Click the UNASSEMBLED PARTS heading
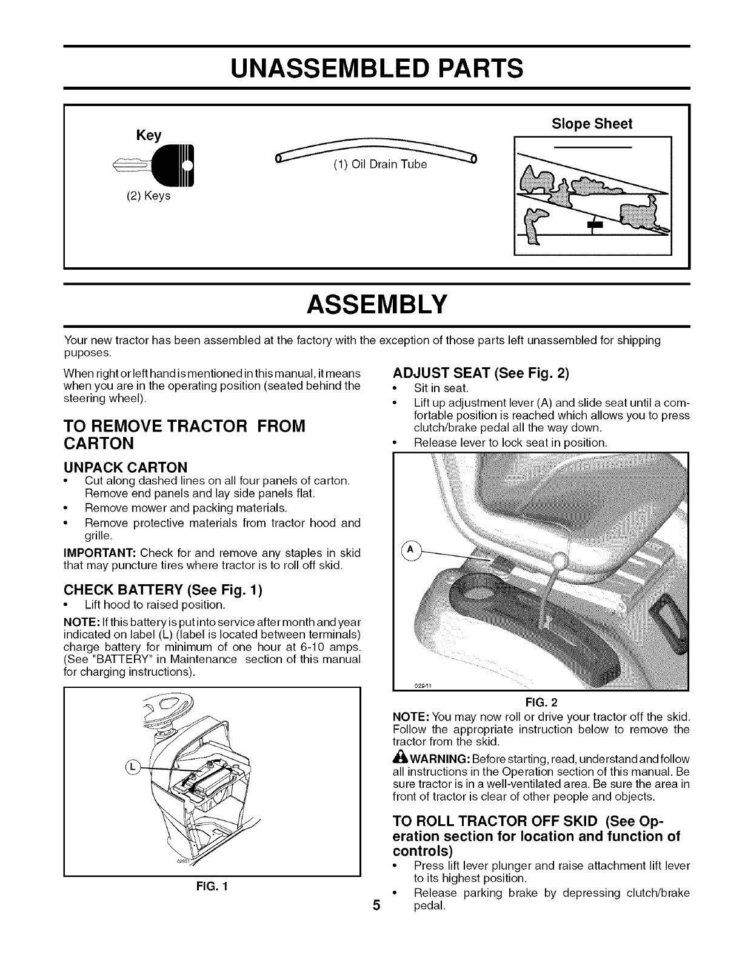(x=371, y=67)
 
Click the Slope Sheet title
(x=592, y=124)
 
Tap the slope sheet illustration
(x=592, y=195)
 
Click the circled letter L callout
(x=133, y=766)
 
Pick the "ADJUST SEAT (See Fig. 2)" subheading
(x=481, y=373)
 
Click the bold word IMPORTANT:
(x=99, y=553)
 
